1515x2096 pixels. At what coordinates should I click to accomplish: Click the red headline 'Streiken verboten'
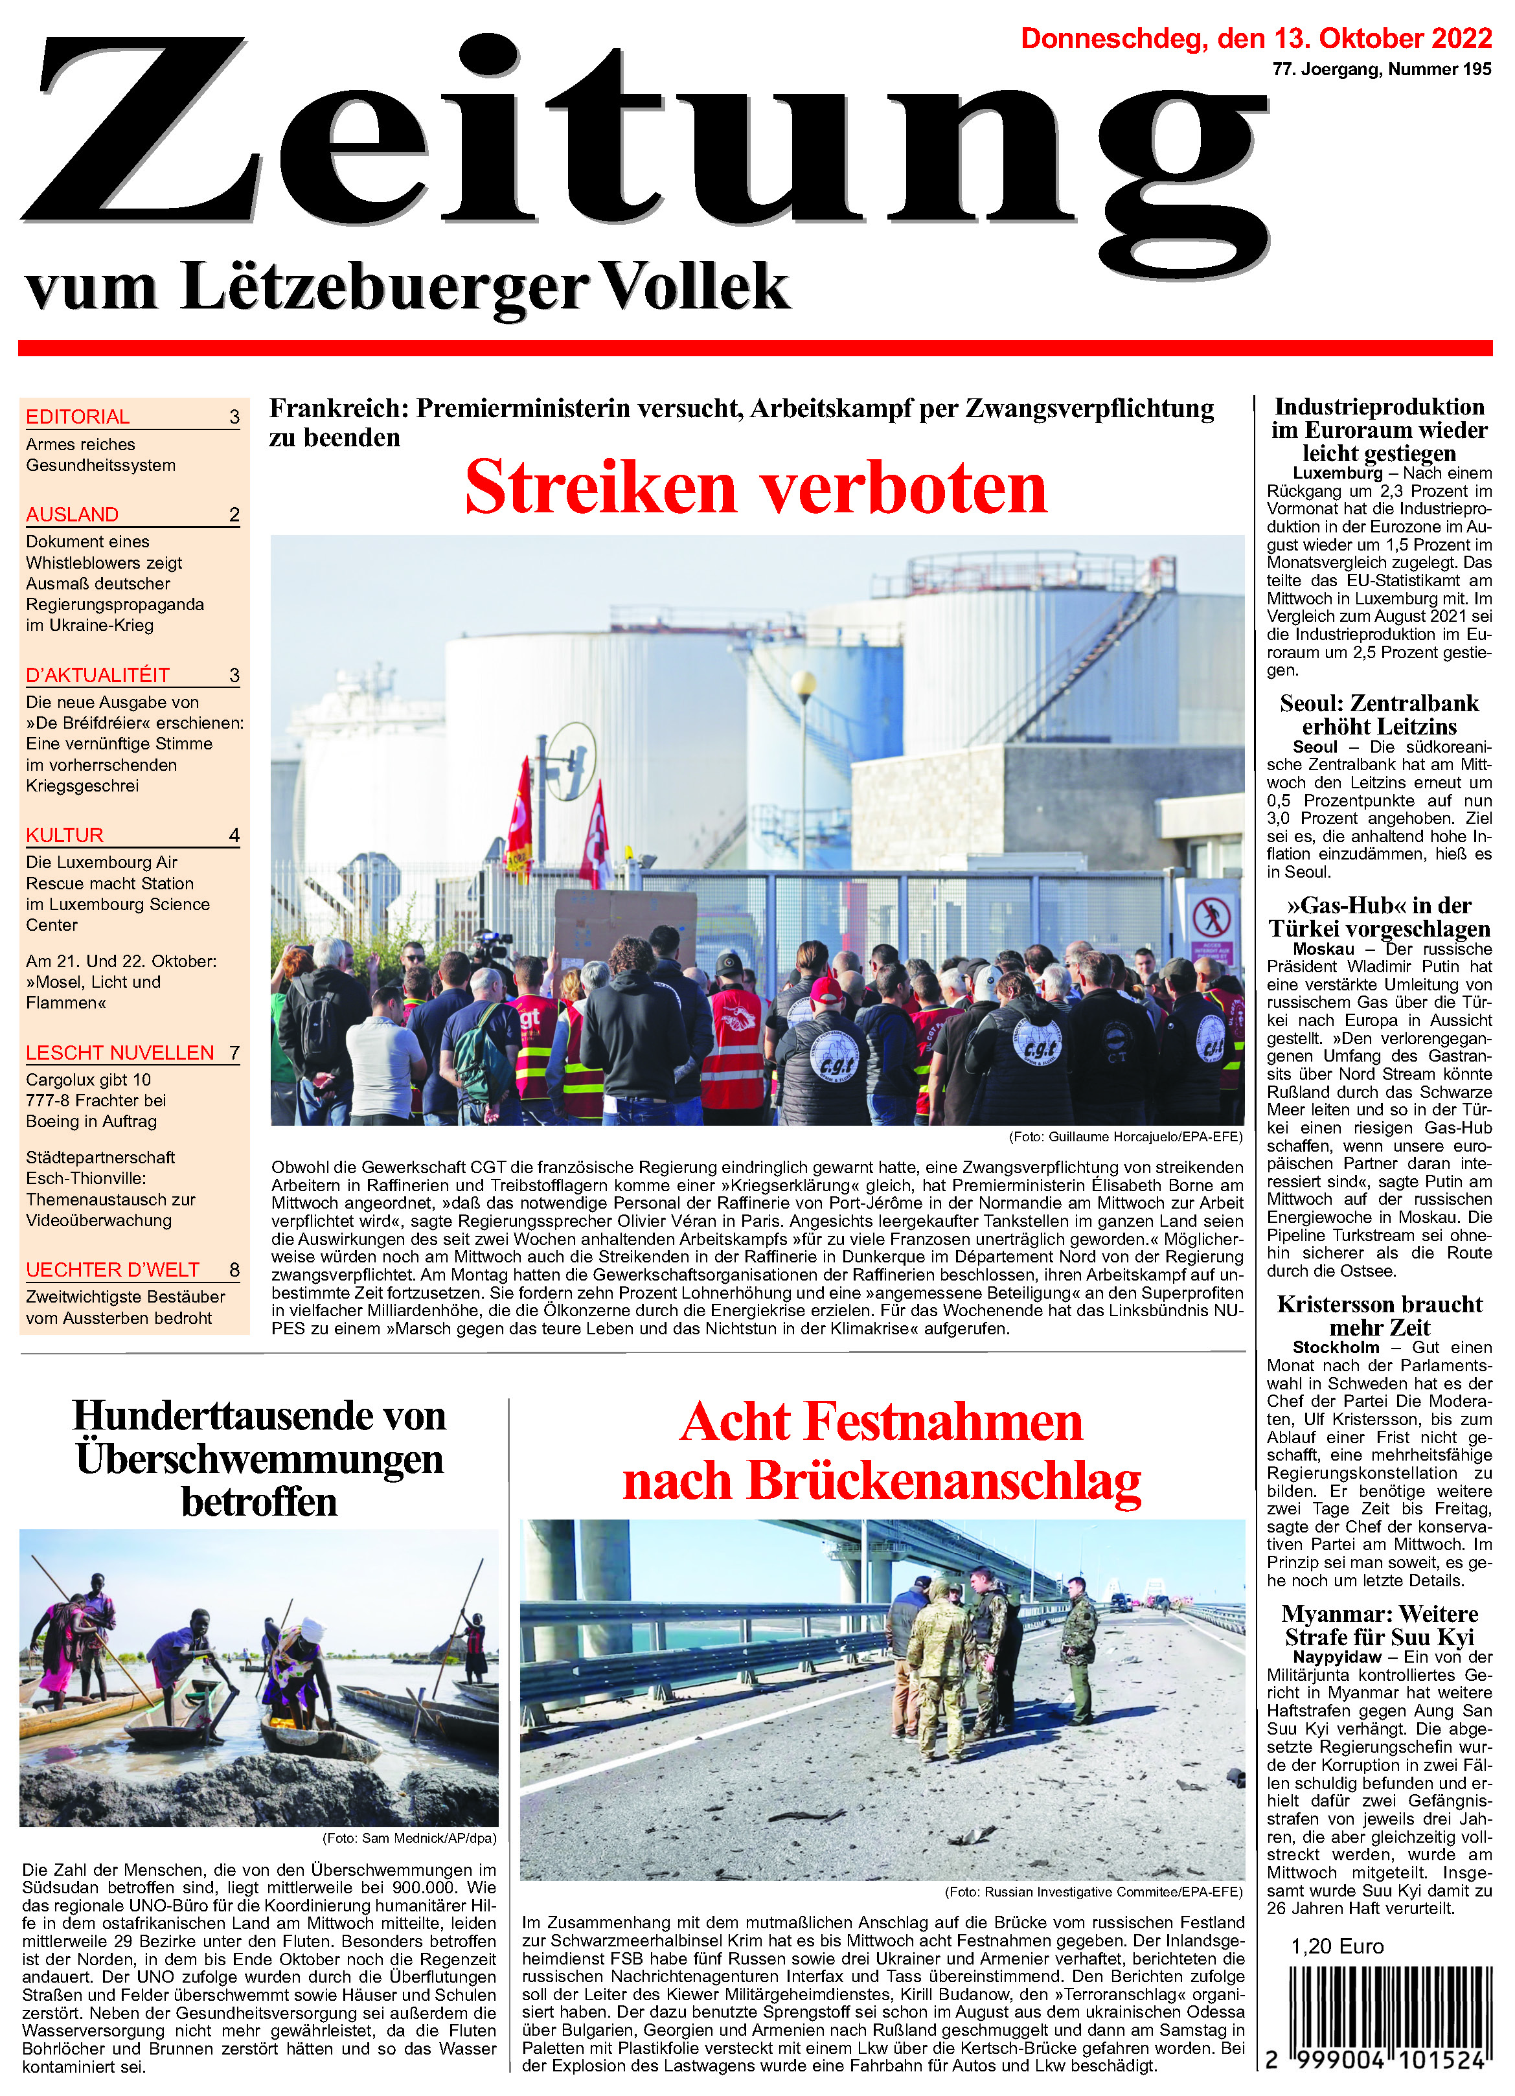755,487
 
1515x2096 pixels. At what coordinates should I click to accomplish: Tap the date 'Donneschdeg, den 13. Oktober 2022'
1255,39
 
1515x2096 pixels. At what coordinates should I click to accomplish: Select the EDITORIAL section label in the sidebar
78,416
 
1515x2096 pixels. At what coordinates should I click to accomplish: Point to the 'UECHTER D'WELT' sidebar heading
113,1270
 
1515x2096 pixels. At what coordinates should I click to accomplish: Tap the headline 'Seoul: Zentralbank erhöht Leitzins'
1378,714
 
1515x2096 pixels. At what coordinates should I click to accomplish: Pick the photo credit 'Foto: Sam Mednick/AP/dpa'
409,1838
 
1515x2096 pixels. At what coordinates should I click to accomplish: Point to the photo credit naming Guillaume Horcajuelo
1125,1137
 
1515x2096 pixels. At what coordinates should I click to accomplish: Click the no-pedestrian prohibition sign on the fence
1211,918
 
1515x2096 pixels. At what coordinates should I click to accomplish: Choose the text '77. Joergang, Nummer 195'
1381,69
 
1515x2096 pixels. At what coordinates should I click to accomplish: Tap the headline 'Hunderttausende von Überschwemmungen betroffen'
259,1459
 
